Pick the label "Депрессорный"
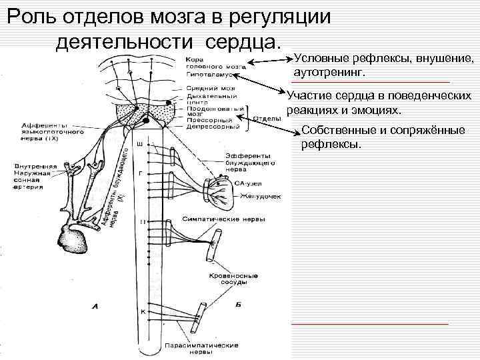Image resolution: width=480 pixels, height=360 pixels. point(206,127)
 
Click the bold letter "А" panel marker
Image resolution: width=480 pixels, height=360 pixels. point(95,307)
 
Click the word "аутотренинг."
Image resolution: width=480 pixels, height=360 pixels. point(329,71)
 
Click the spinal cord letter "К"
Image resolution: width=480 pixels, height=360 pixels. point(143,312)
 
